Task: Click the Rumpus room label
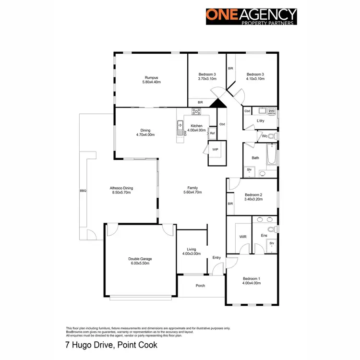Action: [151, 78]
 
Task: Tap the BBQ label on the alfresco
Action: [83, 191]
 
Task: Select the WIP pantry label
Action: [215, 150]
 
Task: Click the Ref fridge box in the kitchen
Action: [212, 133]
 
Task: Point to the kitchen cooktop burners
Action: [196, 112]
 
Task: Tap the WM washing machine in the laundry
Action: [271, 111]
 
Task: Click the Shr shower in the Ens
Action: [271, 243]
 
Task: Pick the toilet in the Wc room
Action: [272, 136]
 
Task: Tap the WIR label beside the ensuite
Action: [242, 237]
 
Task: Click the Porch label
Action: [200, 286]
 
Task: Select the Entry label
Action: [217, 258]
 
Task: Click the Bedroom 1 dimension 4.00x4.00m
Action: [252, 283]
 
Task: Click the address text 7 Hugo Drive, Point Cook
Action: [111, 345]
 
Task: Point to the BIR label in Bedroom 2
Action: [230, 204]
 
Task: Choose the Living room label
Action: [192, 249]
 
